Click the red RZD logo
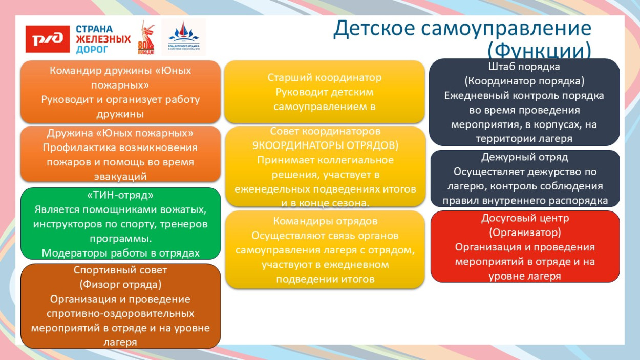click(48, 39)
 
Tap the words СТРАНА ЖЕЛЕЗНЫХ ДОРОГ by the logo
click(102, 39)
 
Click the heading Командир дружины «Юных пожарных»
click(120, 77)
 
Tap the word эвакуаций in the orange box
click(120, 176)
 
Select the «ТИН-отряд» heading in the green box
click(120, 196)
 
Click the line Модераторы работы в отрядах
click(120, 253)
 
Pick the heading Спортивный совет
click(120, 270)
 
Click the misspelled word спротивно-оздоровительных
click(120, 313)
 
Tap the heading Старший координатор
click(325, 78)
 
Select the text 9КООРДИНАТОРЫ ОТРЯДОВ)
click(325, 145)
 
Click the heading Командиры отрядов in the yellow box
click(325, 221)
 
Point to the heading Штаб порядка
click(524, 67)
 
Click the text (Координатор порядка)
click(524, 81)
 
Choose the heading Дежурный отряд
click(524, 157)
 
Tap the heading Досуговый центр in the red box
click(525, 218)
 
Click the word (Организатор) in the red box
click(525, 232)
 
